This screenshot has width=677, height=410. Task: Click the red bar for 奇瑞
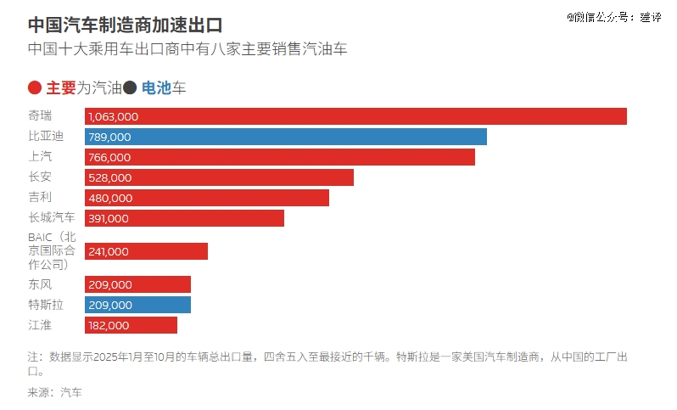[x=355, y=116]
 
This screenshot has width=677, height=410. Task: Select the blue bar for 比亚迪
[x=286, y=137]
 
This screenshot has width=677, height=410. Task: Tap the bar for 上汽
[x=280, y=157]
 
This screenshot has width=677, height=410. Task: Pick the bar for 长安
[x=219, y=177]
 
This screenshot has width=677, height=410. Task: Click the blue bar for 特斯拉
[x=137, y=305]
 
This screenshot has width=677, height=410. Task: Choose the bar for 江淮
[x=131, y=325]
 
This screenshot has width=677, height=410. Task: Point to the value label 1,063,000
[x=113, y=116]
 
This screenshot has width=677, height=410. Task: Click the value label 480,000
[x=110, y=198]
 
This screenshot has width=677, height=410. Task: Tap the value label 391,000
[x=109, y=218]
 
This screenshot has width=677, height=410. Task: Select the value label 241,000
[x=109, y=251]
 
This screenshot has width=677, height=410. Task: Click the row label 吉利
[x=40, y=197]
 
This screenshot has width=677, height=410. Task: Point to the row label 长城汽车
[x=52, y=217]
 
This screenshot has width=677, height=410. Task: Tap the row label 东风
[x=40, y=284]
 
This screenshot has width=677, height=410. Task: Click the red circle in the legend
[x=35, y=87]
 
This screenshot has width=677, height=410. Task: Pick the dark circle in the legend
[x=130, y=87]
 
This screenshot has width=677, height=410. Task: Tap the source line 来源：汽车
[x=55, y=392]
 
